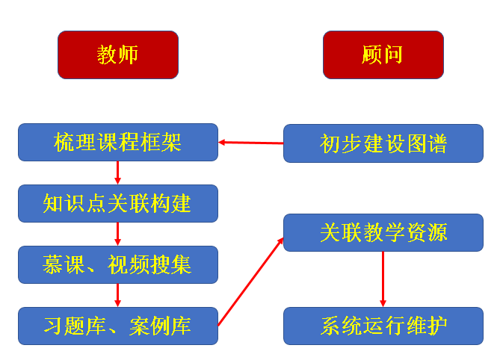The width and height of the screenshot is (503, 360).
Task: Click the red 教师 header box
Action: (x=118, y=55)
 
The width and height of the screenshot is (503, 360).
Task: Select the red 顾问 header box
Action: (x=383, y=55)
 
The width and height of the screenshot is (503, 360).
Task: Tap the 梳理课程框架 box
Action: (x=118, y=142)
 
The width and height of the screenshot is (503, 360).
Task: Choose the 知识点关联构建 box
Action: (x=118, y=203)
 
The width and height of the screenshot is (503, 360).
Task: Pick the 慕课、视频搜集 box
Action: (x=118, y=264)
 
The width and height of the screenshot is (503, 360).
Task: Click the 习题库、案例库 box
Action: (x=118, y=326)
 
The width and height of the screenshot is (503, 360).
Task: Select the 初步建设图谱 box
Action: (x=383, y=143)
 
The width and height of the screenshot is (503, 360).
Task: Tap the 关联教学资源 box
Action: (x=383, y=232)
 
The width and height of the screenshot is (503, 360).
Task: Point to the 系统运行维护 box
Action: (x=383, y=326)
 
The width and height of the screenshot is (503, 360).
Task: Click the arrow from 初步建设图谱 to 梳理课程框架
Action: (x=251, y=143)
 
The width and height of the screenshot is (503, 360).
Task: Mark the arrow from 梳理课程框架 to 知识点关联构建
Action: (x=118, y=173)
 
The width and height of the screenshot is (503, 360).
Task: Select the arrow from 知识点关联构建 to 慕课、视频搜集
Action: (x=118, y=234)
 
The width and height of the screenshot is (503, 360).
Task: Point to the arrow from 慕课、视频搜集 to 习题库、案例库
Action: (x=118, y=295)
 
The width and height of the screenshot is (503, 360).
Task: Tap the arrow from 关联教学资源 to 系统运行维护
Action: (x=383, y=279)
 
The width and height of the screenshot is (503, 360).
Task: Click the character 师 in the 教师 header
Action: (x=129, y=55)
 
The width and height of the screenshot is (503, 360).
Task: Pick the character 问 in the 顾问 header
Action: (x=393, y=55)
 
